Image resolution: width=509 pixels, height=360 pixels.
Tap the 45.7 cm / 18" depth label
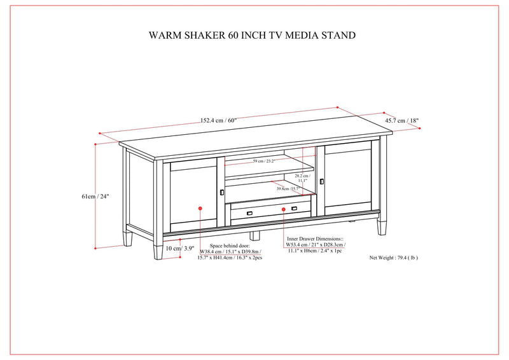pyautogui.click(x=402, y=120)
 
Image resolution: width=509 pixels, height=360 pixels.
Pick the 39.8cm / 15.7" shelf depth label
pyautogui.click(x=288, y=189)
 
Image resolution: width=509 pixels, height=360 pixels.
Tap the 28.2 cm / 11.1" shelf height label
pyautogui.click(x=302, y=178)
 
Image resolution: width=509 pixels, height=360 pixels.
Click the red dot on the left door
pyautogui.click(x=200, y=207)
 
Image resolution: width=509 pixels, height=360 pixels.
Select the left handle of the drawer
pyautogui.click(x=251, y=212)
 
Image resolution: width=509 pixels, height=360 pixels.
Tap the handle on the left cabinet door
pyautogui.click(x=221, y=191)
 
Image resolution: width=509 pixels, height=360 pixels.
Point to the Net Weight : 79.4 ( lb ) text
pyautogui.click(x=393, y=258)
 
